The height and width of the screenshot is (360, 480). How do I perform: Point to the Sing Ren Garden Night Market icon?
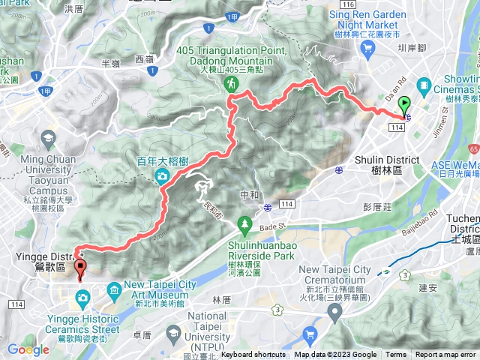367,48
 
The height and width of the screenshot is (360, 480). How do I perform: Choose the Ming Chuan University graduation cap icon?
48,139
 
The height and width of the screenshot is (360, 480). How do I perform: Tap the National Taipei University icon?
174,333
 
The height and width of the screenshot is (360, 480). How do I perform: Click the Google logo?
28,349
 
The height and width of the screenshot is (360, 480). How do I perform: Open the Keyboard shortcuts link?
253,355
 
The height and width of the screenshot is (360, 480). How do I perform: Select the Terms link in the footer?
396,355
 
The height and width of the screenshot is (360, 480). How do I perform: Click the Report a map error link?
445,355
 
